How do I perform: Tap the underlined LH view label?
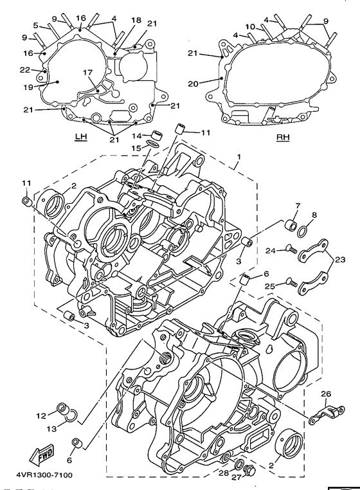(80, 137)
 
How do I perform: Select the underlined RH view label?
(283, 137)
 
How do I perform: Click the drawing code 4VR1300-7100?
(44, 475)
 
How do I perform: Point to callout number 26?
(326, 394)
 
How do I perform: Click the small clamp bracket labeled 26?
(327, 413)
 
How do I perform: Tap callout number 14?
(137, 136)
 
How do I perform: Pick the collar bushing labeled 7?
(289, 225)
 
